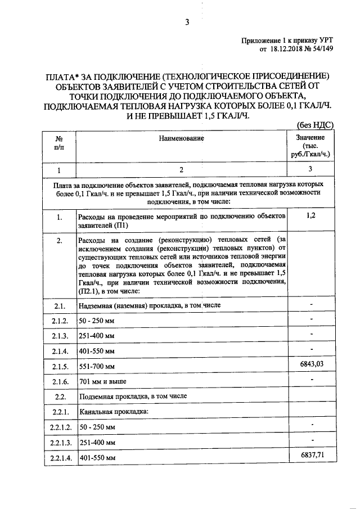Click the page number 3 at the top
click(186, 22)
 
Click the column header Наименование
click(181, 138)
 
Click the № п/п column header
click(58, 143)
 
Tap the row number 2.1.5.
click(60, 367)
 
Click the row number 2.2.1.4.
click(60, 458)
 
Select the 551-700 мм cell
click(97, 367)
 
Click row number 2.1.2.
click(60, 321)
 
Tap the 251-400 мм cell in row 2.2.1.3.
click(97, 443)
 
